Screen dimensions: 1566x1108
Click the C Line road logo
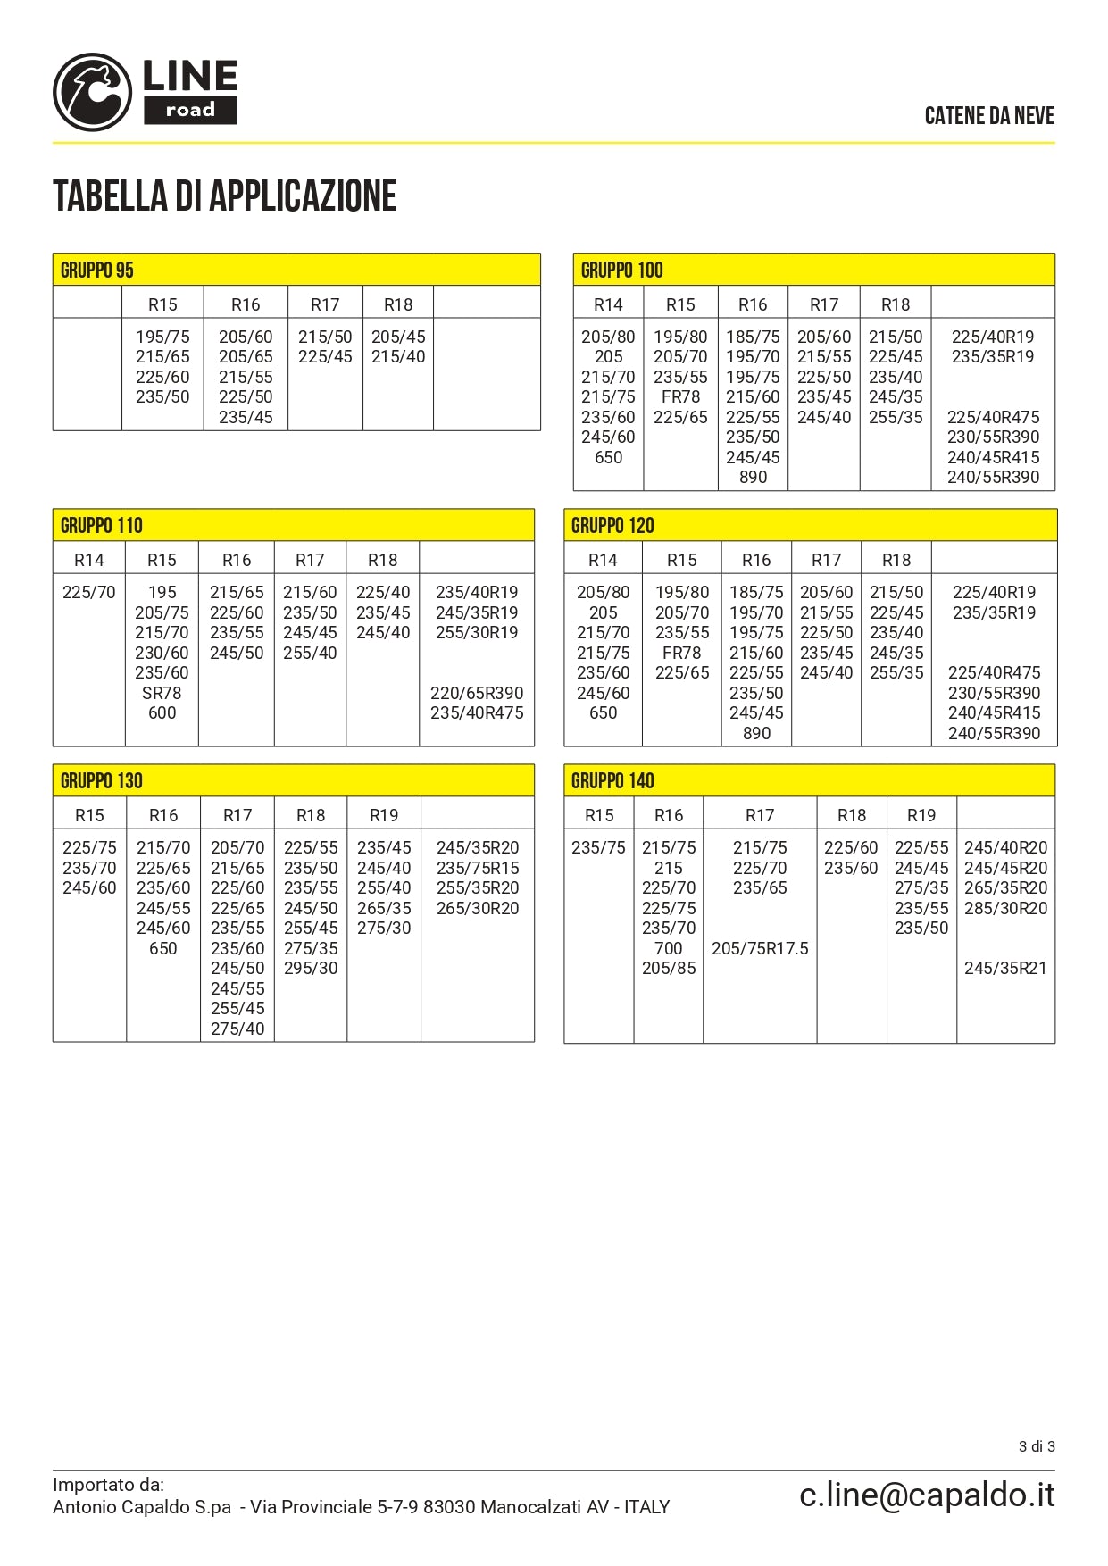tap(146, 92)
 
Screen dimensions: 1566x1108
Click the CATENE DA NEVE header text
tap(989, 116)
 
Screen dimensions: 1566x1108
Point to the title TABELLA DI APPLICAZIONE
tap(225, 196)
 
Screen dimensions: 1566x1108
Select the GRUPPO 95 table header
tap(97, 270)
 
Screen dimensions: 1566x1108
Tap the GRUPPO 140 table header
tap(612, 781)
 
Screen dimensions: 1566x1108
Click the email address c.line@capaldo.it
tap(927, 1495)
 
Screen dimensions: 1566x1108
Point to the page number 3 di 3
tap(1037, 1446)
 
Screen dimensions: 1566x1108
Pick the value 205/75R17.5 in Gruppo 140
tap(760, 948)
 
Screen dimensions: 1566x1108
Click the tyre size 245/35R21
tap(1005, 969)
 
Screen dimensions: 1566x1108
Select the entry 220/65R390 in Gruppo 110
tap(477, 693)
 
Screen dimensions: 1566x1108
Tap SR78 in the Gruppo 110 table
tap(162, 693)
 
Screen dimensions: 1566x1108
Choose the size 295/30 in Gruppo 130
tap(311, 969)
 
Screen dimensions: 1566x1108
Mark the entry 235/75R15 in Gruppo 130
tap(478, 868)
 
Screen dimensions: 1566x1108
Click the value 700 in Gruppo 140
tap(669, 948)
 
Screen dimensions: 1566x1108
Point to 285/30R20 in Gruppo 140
tap(1005, 908)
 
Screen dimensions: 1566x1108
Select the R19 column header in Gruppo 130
tap(384, 815)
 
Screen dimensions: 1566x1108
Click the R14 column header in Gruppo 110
tap(89, 560)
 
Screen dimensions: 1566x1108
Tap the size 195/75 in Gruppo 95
tap(162, 337)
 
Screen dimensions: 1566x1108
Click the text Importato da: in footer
tap(108, 1485)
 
